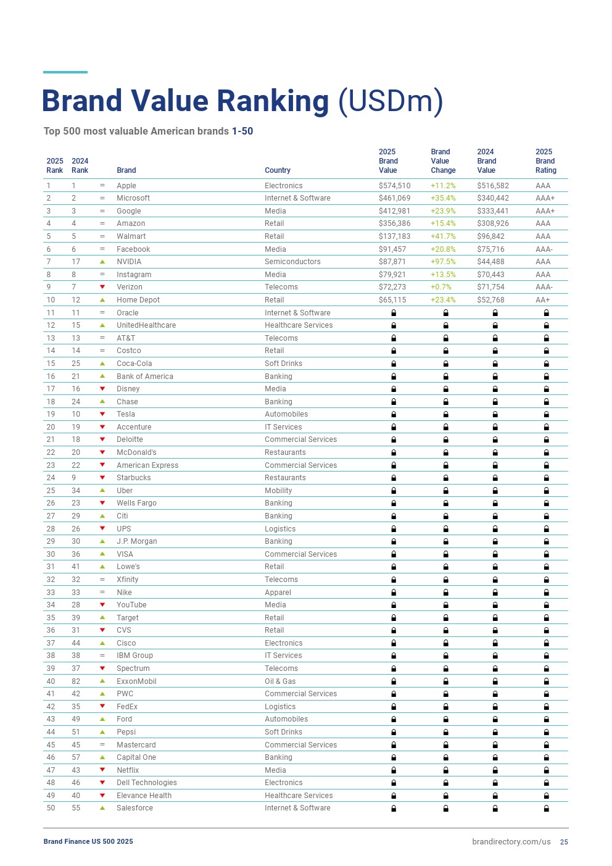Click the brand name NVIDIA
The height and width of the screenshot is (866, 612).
click(129, 262)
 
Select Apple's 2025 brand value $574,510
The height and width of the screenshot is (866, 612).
click(394, 186)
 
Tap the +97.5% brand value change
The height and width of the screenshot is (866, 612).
click(443, 262)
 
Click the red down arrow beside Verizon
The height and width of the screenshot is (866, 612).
click(102, 287)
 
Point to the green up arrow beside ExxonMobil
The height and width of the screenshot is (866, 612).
click(102, 681)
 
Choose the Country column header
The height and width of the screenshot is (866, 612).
click(278, 170)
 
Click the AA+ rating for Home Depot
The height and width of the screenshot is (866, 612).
click(543, 300)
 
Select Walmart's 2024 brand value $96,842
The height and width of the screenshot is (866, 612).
click(491, 236)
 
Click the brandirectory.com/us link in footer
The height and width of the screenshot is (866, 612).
click(511, 842)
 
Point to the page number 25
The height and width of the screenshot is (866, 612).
click(564, 842)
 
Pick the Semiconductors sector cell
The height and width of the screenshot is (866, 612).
click(292, 262)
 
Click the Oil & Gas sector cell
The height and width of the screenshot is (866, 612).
click(280, 681)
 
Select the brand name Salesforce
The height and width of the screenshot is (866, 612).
click(134, 808)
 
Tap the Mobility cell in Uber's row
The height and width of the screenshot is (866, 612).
click(278, 491)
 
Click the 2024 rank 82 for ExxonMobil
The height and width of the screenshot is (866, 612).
click(76, 681)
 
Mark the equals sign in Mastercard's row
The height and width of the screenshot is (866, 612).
click(102, 745)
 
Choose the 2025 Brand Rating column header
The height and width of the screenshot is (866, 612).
click(545, 161)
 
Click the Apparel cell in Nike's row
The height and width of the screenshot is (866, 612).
click(278, 593)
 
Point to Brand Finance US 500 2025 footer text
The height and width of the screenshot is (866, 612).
click(88, 841)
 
